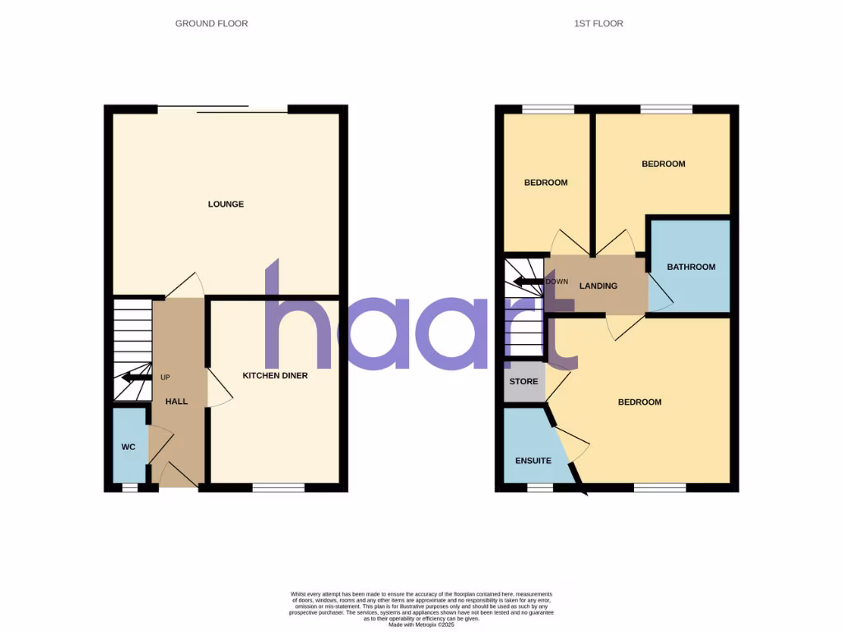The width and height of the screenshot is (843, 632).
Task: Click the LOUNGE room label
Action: pos(226,204)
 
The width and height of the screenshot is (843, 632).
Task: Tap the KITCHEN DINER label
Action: pos(275,375)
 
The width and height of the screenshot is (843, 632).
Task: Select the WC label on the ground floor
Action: pos(128,447)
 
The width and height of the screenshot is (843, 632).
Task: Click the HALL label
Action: pos(176,402)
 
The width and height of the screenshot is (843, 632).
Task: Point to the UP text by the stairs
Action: pos(165,377)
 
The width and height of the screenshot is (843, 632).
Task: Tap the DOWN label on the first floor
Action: pos(557,281)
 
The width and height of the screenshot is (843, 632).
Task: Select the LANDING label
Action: pos(598,286)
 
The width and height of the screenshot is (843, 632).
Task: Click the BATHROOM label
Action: pos(691,267)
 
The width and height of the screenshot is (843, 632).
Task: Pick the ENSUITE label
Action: pos(533,460)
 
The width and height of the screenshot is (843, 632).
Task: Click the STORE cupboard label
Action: pos(524,382)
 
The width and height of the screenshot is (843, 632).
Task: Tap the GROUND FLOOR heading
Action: pos(212,24)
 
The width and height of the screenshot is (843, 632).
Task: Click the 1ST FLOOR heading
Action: pos(598,24)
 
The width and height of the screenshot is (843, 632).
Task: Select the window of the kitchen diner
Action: pos(278,488)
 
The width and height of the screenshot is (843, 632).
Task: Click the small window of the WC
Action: pos(129,488)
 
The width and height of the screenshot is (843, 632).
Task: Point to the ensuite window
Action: pos(540,488)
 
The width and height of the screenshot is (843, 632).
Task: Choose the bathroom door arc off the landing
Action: pos(659,292)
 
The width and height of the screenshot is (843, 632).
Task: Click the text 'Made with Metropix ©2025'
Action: pos(421,625)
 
